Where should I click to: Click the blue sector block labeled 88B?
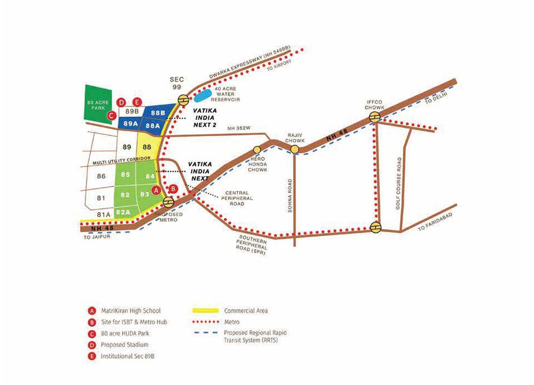tap(158, 113)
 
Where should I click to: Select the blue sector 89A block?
tap(130, 124)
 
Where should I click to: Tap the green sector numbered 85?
tap(125, 174)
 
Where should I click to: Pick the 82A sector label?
tap(123, 212)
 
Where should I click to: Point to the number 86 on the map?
tap(101, 176)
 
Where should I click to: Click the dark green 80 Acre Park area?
tap(97, 103)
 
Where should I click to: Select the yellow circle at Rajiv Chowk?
tap(294, 150)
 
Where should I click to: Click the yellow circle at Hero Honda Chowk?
tap(257, 150)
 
